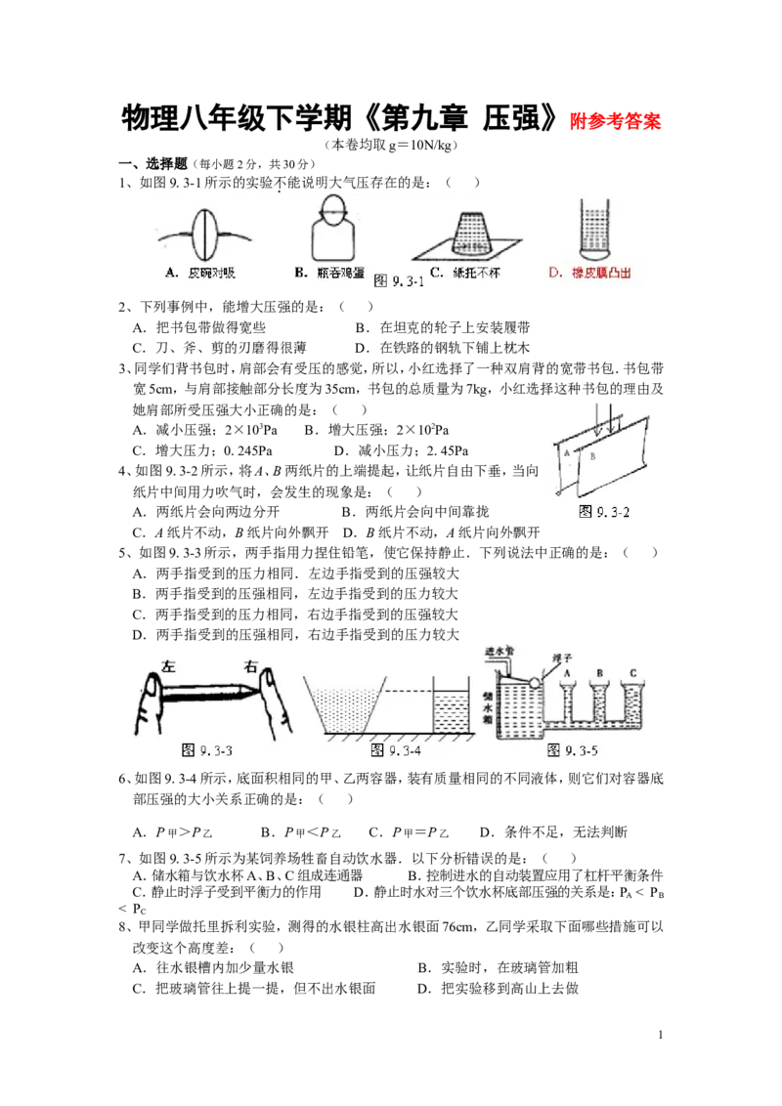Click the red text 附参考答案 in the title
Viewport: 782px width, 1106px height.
tap(616, 121)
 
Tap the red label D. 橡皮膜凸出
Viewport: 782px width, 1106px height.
tap(589, 273)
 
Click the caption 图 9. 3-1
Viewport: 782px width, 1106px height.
tap(399, 280)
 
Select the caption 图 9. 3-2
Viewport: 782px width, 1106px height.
tap(603, 511)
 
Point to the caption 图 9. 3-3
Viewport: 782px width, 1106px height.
tap(207, 749)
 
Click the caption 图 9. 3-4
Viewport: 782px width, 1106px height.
tap(396, 749)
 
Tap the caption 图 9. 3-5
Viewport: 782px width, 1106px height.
tap(573, 749)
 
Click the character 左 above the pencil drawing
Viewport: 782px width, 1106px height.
tap(168, 666)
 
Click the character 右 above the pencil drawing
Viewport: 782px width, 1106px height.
tap(250, 666)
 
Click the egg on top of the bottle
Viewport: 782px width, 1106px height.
tap(332, 208)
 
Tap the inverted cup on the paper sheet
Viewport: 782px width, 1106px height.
tap(467, 233)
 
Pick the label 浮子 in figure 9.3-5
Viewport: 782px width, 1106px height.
tap(561, 659)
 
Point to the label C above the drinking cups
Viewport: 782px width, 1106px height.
tap(633, 673)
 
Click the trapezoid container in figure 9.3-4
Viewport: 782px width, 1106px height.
tap(344, 705)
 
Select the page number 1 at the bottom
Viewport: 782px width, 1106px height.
tap(660, 1035)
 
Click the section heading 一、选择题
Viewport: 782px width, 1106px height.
tap(152, 163)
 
